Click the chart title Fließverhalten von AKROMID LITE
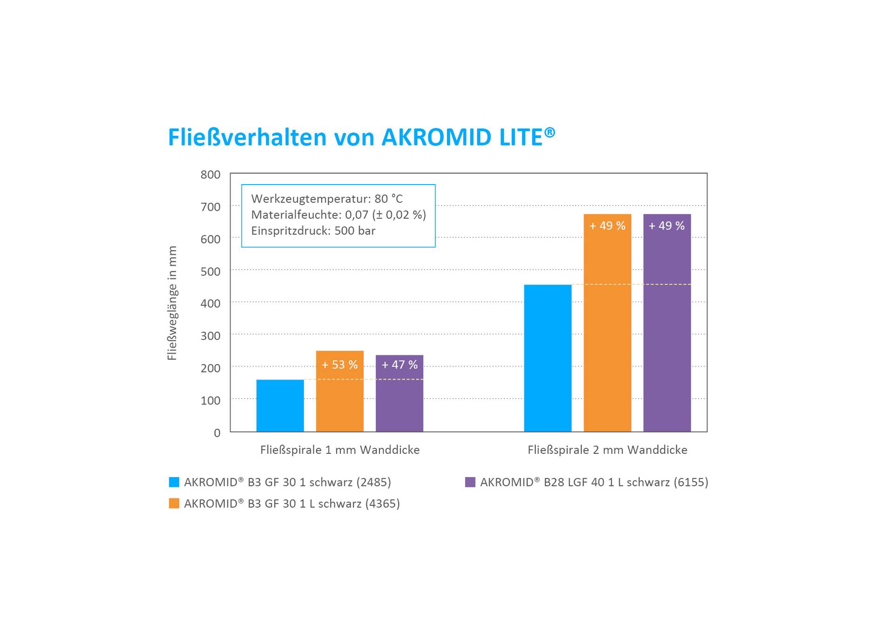coord(361,137)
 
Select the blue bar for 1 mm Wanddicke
coord(280,406)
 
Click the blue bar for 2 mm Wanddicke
coord(547,358)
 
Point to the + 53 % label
coord(340,365)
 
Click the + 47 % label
coord(399,365)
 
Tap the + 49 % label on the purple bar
coord(666,226)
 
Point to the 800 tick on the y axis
coord(210,175)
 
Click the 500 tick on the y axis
coord(210,272)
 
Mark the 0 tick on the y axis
coord(217,433)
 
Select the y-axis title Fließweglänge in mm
coord(172,303)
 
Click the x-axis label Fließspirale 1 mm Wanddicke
coord(340,450)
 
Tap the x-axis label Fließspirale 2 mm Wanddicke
coord(607,450)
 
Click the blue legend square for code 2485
coord(174,482)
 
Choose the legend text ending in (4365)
coord(292,504)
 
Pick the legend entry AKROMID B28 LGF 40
coord(593,482)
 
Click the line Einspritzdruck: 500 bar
coord(313,231)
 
